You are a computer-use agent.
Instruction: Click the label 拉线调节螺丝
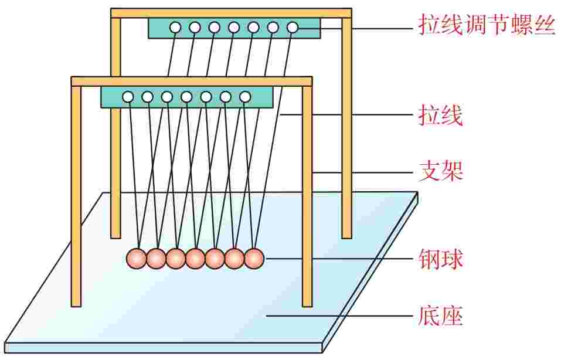tap(487, 26)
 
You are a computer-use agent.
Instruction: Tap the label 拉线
tap(440, 116)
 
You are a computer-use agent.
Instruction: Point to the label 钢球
tap(440, 258)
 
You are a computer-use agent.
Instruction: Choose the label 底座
tap(440, 317)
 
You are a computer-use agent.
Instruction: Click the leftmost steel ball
tap(137, 258)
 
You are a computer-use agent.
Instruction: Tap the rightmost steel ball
tap(254, 258)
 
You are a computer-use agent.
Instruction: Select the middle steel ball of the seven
tap(195, 258)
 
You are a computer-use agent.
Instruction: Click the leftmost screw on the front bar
tap(128, 97)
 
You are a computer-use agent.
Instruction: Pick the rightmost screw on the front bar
tap(245, 97)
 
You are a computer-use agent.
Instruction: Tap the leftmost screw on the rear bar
tap(175, 27)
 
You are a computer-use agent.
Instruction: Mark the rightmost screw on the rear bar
tap(293, 27)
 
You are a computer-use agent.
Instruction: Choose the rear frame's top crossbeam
tap(231, 12)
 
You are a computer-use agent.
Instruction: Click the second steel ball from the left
tap(156, 258)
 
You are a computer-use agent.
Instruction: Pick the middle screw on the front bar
tap(186, 97)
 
